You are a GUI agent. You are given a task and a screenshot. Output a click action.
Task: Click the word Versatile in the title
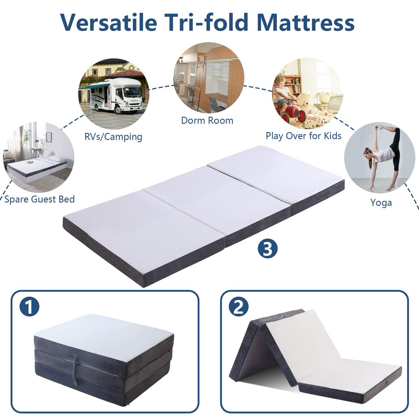coord(108,22)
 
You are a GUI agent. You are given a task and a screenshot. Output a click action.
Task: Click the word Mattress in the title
coord(306,22)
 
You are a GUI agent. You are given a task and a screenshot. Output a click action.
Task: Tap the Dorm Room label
coord(207,120)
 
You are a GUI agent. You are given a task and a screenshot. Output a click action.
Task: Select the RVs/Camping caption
coord(113,137)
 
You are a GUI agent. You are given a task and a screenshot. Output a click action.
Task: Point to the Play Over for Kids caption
coord(303,136)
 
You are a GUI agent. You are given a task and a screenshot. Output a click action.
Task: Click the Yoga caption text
coord(381,203)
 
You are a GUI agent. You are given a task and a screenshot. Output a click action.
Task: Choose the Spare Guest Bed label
coord(39,199)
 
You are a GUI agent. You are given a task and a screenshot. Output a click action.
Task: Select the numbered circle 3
coord(268,249)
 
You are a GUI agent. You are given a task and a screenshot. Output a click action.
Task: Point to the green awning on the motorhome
coord(94,87)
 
